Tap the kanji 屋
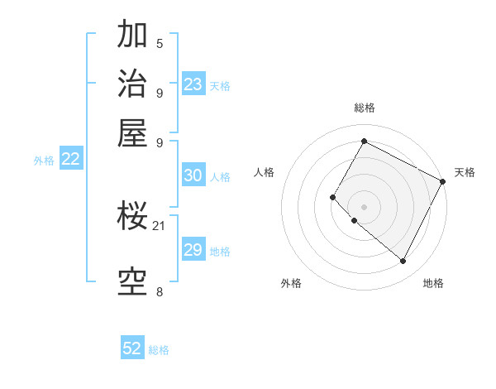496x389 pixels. point(133,132)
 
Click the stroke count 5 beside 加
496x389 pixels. point(160,43)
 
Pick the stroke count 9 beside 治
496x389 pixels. point(160,93)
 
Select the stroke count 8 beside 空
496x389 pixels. point(160,291)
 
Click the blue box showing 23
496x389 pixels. point(193,84)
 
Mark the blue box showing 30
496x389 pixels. point(193,175)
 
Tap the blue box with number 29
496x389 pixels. point(193,251)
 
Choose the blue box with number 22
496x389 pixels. point(70,160)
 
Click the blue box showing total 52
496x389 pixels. point(132,348)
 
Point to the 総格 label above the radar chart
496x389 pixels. point(365,108)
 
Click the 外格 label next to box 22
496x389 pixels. point(44,161)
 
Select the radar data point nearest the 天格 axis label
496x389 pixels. point(443,181)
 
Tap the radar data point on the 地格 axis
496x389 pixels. point(403,262)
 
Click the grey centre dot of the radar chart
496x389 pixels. point(364,206)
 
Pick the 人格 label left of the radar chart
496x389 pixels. point(264,172)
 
